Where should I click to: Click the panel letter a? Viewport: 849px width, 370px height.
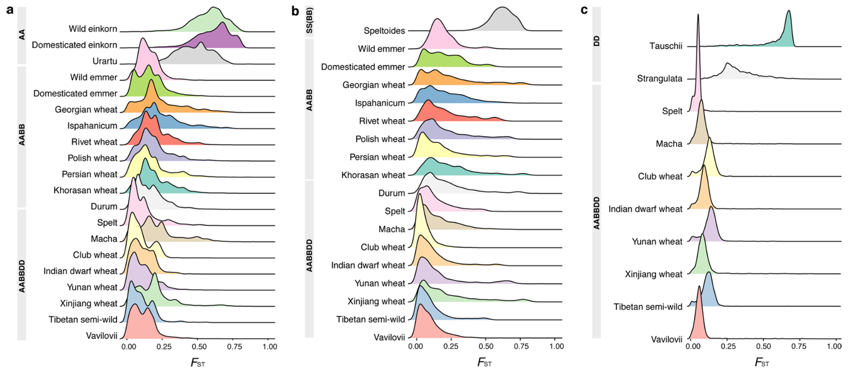pos(10,10)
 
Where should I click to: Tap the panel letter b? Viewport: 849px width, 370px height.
pos(296,10)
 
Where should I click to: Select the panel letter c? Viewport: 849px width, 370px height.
pos(584,10)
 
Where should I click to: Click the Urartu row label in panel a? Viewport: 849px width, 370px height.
pos(105,61)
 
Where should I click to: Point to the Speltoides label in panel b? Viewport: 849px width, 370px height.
pos(384,31)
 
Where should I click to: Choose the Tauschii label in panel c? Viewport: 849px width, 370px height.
pos(665,46)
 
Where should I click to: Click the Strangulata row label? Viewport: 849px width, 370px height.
pos(659,79)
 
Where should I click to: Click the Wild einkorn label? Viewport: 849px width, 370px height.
pos(93,29)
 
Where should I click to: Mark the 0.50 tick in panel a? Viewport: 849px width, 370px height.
pos(198,347)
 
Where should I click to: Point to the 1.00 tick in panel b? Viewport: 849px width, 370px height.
pos(556,347)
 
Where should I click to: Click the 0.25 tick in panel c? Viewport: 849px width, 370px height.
pos(728,347)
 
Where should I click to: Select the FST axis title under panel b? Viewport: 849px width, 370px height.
pos(485,363)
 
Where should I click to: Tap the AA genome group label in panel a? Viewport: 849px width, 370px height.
pos(22,34)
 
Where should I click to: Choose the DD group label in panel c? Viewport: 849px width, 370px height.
pos(597,41)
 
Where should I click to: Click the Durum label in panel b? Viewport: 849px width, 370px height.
pos(391,193)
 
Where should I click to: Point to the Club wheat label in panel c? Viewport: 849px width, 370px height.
pos(660,177)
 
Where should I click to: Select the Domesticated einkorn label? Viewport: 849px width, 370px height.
pos(74,45)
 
